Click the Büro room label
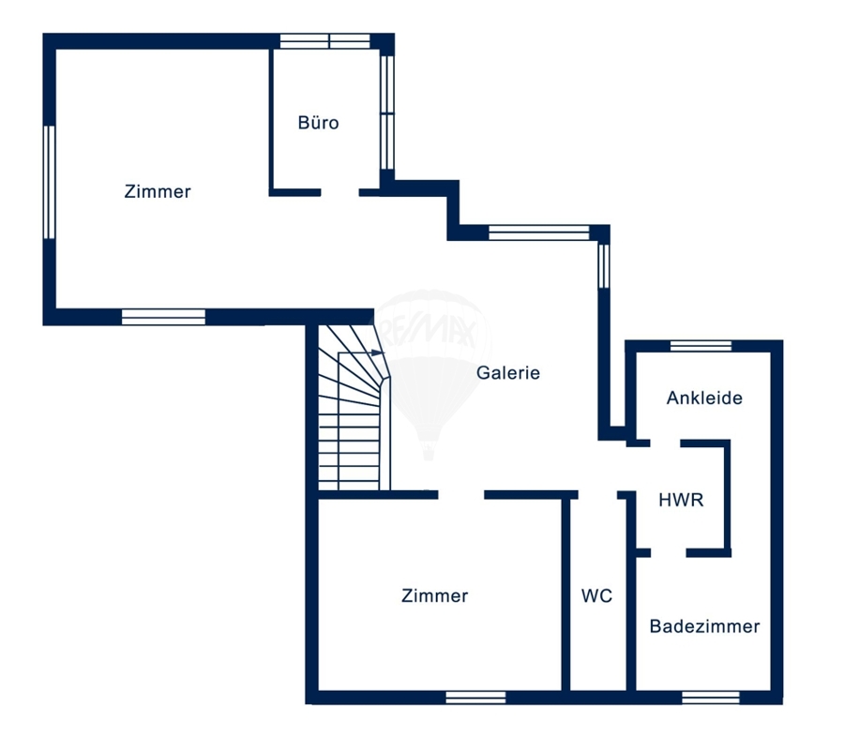318,122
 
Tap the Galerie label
508,372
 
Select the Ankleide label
704,397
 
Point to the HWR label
681,500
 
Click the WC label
596,595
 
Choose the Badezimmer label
704,626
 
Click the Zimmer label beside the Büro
158,191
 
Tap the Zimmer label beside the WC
435,595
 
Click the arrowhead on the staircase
377,352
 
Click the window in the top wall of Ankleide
701,346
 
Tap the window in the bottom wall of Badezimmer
711,697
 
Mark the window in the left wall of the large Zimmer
50,182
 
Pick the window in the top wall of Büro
325,41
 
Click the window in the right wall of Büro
387,112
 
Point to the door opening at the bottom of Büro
339,192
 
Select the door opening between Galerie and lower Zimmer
461,495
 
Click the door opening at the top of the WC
597,495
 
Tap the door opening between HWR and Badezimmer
669,553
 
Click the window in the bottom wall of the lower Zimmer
475,697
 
